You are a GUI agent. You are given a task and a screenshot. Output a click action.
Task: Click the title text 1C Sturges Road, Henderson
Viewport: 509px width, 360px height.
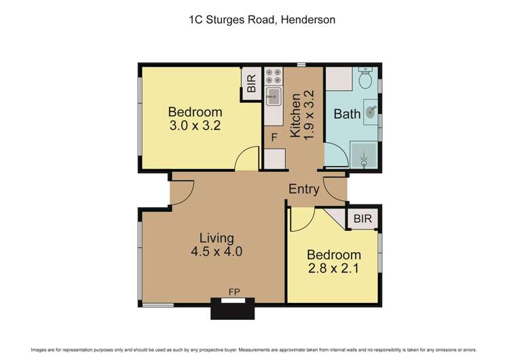(x=261, y=20)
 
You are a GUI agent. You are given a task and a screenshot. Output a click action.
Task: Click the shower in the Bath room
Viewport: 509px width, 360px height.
(x=364, y=156)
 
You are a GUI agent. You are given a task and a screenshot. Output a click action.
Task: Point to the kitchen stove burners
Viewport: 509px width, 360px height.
(x=274, y=75)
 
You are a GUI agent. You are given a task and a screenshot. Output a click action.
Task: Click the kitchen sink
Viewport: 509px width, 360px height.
(x=274, y=96)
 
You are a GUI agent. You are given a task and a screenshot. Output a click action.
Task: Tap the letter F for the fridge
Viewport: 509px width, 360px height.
(x=274, y=137)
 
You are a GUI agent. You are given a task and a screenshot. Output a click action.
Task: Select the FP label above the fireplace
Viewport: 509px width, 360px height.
(x=234, y=293)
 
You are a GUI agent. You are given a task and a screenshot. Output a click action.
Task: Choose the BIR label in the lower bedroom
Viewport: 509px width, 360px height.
(x=362, y=219)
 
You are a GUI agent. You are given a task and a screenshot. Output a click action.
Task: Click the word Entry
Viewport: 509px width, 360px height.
(x=303, y=190)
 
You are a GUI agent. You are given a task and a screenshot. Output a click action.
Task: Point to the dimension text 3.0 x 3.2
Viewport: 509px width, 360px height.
(x=195, y=125)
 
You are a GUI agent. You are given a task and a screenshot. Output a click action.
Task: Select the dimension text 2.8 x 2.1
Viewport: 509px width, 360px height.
(x=333, y=268)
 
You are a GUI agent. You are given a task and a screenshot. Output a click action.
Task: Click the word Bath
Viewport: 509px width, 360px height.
(x=347, y=114)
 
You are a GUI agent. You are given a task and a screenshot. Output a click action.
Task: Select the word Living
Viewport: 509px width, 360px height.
(x=216, y=238)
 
